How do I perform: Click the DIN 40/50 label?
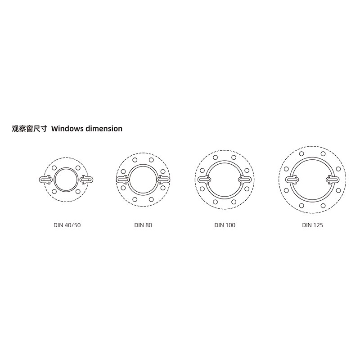pyautogui.click(x=67, y=225)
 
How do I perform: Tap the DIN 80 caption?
pyautogui.click(x=143, y=225)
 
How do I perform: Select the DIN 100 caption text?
pyautogui.click(x=225, y=225)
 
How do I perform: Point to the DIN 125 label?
pyautogui.click(x=312, y=225)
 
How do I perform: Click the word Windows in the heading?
pyautogui.click(x=67, y=129)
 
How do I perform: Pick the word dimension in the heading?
pyautogui.click(x=104, y=129)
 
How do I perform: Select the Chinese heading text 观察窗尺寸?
pyautogui.click(x=29, y=129)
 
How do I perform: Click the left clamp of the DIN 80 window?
pyautogui.click(x=122, y=180)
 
